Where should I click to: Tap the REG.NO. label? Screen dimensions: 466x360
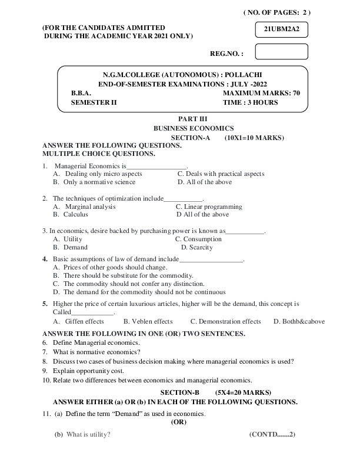[226, 54]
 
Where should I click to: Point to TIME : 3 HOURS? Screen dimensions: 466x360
[251, 102]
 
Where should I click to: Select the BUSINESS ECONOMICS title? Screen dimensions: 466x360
[194, 128]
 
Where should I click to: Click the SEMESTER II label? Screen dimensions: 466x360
[94, 102]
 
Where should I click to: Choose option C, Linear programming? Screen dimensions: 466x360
[209, 207]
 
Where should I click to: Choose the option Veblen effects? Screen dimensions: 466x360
[148, 322]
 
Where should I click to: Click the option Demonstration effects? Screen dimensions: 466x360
[225, 322]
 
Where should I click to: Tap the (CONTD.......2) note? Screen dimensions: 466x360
[272, 434]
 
